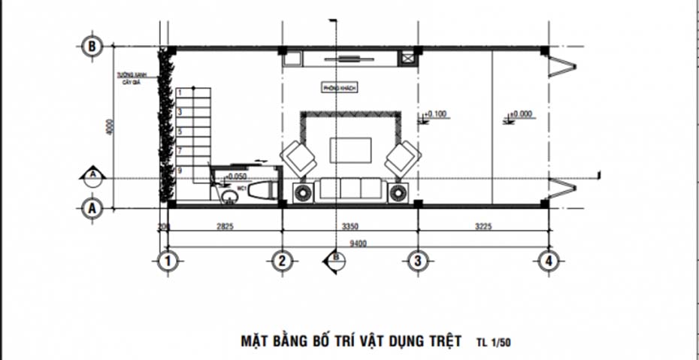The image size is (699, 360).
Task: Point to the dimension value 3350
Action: (x=349, y=225)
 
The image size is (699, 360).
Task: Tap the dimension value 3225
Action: (x=483, y=225)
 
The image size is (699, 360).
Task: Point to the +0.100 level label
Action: (x=437, y=114)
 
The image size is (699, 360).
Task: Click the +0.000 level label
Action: (x=521, y=114)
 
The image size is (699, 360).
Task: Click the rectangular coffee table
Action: (x=351, y=149)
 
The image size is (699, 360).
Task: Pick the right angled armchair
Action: (x=403, y=157)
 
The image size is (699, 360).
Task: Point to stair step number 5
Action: (x=180, y=131)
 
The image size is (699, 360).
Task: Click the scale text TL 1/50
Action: (x=494, y=341)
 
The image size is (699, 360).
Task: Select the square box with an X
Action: (x=409, y=58)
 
